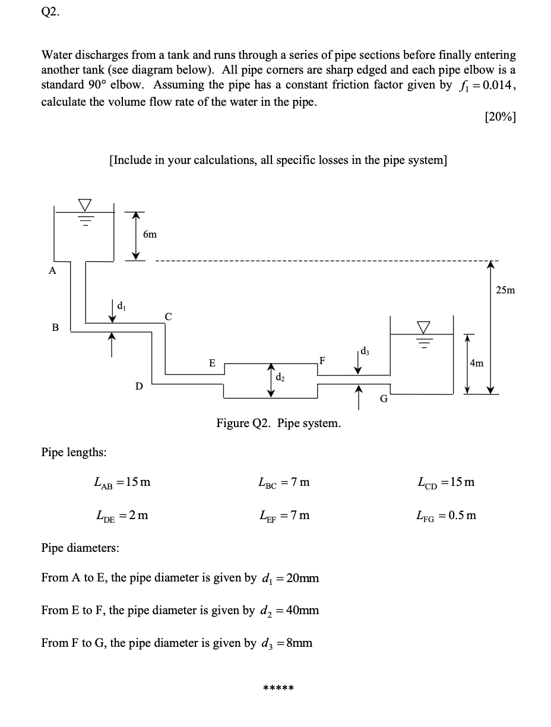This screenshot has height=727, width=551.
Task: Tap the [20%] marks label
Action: pos(500,117)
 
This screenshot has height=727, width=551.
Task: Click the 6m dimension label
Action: pos(150,235)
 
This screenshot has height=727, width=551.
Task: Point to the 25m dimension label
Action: pos(506,290)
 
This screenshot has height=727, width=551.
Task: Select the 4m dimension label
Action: pos(476,363)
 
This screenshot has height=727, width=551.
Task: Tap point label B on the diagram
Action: pos(55,327)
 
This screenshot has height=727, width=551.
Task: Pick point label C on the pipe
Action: pos(169,317)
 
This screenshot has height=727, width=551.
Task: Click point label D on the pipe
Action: pos(139,387)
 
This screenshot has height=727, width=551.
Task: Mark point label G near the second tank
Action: pos(384,399)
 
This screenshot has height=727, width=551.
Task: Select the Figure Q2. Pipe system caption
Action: pos(278,423)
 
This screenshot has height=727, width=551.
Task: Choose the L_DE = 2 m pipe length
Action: pos(122,515)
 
